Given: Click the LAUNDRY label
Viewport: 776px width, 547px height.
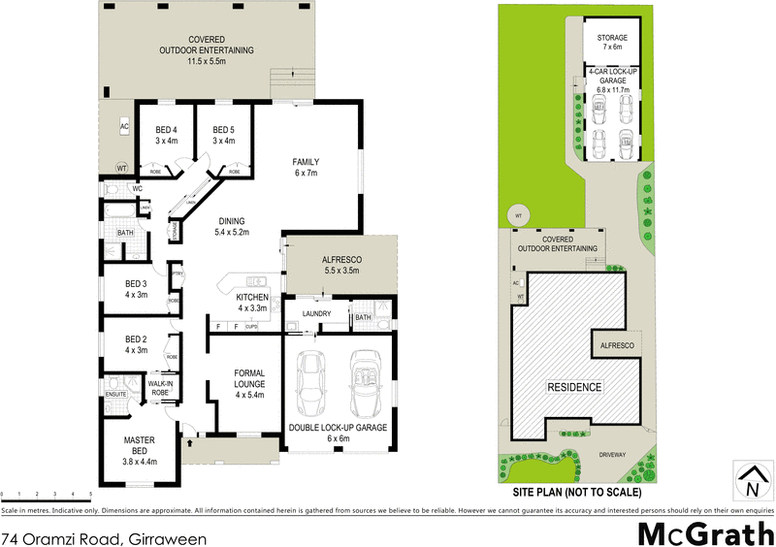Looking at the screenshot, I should [x=317, y=314].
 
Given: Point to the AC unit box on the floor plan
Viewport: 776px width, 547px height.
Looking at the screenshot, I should [x=124, y=127].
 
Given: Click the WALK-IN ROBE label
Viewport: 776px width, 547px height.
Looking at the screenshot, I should [x=159, y=387].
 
